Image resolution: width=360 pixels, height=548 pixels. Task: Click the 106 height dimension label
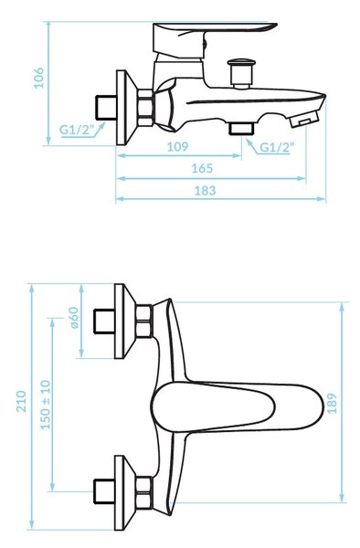point(38,79)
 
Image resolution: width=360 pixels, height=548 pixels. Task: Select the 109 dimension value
point(177,147)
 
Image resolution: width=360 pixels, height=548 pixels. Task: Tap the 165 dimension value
point(202,168)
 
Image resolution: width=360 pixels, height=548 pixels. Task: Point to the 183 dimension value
point(206,191)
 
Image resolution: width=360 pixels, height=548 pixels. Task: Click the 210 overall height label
point(21,401)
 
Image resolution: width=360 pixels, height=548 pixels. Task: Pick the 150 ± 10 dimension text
point(46,405)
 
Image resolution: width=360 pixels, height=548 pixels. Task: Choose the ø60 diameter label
point(74,318)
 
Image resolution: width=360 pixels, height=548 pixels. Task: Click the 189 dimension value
point(332,404)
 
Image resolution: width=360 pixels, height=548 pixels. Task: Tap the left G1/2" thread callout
point(77,130)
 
